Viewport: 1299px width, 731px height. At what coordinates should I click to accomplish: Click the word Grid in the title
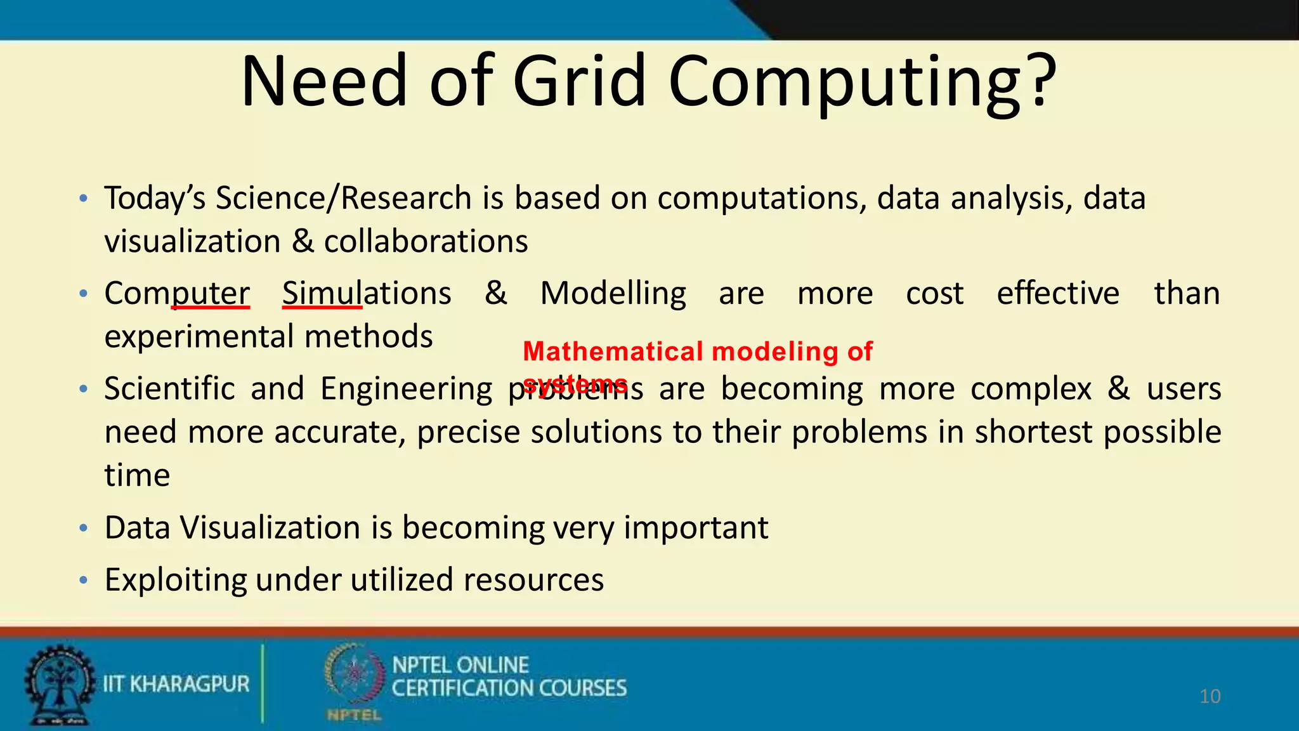[578, 81]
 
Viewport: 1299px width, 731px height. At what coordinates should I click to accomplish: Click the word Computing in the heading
[847, 82]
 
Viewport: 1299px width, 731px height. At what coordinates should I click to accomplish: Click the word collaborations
[426, 242]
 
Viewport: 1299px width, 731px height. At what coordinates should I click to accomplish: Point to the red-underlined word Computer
[177, 294]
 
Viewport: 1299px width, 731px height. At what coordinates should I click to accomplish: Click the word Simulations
[367, 294]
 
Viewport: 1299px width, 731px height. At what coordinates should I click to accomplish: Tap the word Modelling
[613, 294]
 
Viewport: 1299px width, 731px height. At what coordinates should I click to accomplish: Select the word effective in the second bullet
[1057, 294]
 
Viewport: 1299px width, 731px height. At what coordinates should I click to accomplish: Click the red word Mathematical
[613, 352]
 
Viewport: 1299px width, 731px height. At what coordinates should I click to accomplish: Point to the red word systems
[575, 383]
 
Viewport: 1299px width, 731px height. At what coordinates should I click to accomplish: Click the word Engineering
[406, 389]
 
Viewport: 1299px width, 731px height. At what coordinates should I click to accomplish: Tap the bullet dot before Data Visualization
[83, 528]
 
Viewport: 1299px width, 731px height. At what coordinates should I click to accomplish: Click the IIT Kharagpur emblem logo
[59, 684]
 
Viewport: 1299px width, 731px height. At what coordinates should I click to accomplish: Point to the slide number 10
[1210, 696]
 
